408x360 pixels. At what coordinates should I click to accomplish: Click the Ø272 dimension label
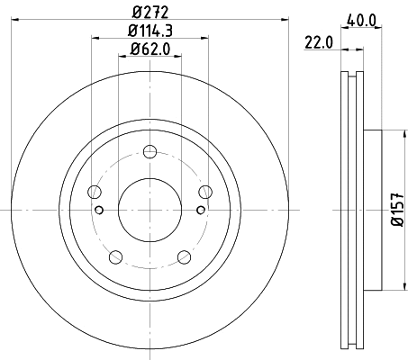[150, 13]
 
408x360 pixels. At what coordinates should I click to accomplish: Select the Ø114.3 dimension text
[150, 31]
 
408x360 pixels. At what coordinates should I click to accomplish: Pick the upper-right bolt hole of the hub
[204, 191]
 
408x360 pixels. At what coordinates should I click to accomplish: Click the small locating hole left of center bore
[99, 211]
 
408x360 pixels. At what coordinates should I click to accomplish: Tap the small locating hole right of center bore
[200, 211]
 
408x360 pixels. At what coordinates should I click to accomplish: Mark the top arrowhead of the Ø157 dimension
[397, 135]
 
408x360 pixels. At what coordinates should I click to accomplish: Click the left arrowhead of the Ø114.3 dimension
[95, 39]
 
